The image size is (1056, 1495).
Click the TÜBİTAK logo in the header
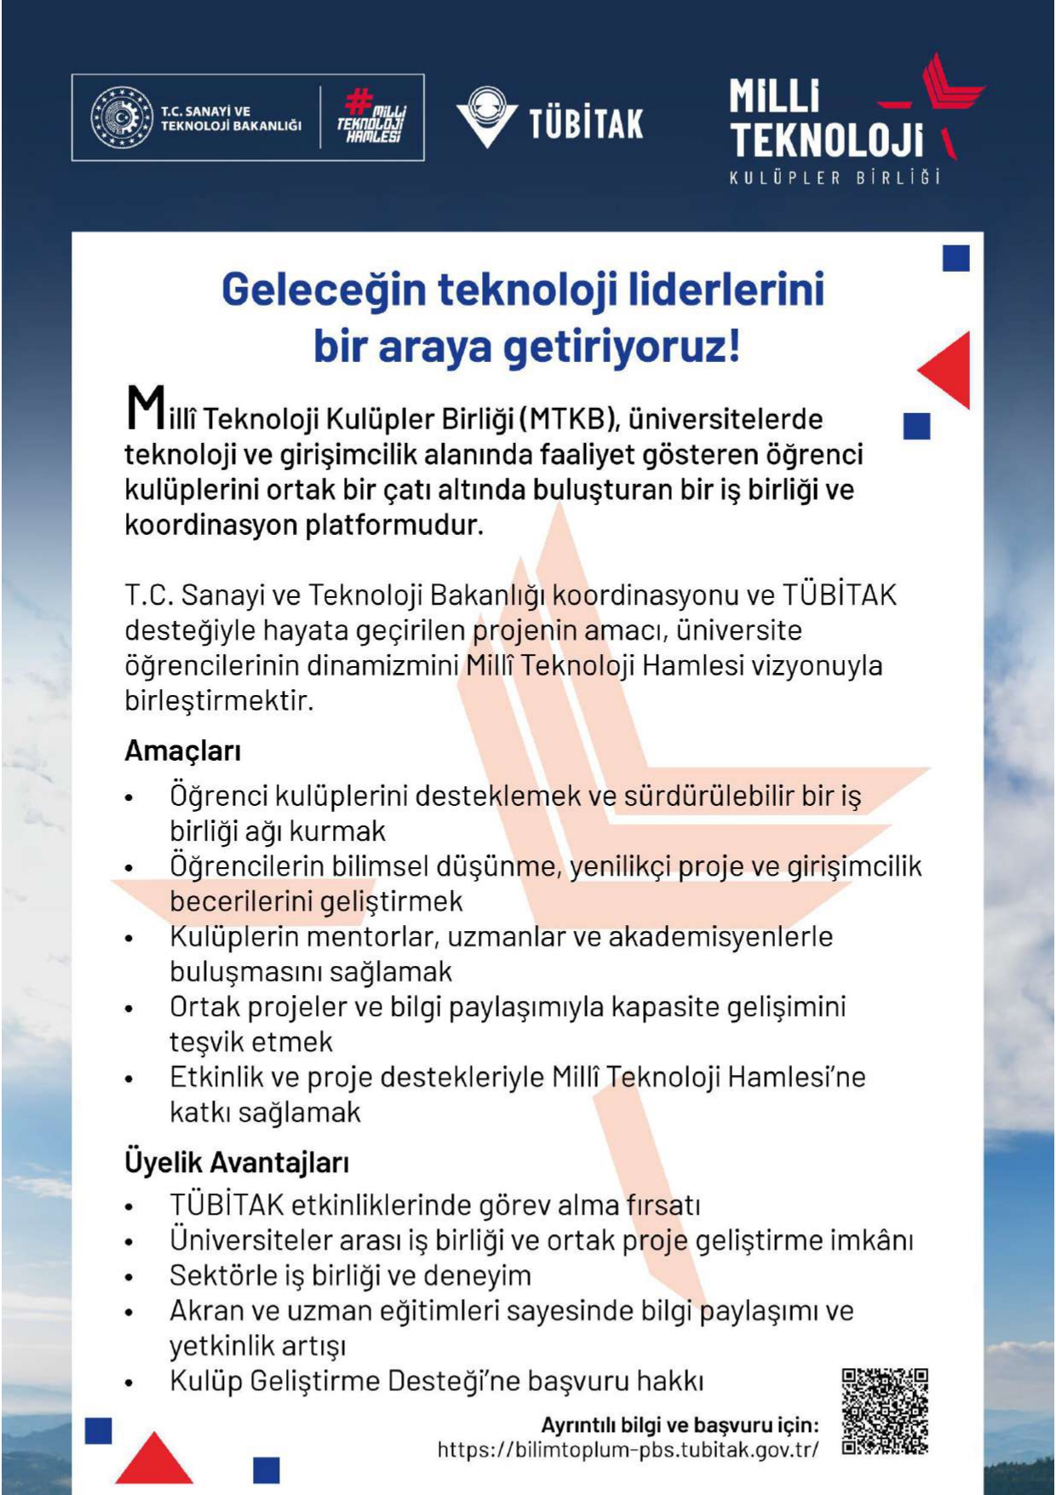click(549, 119)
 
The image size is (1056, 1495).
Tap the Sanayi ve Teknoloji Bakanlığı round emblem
click(122, 118)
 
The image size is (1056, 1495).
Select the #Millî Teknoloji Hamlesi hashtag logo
click(372, 118)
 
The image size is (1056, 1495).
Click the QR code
click(885, 1411)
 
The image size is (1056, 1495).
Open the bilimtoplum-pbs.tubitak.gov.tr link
click(628, 1449)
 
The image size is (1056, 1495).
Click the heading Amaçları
click(183, 750)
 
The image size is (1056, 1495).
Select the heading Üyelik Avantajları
click(237, 1162)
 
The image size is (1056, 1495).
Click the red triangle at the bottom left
click(153, 1460)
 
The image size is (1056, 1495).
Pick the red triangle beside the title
click(947, 370)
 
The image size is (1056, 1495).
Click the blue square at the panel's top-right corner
click(956, 258)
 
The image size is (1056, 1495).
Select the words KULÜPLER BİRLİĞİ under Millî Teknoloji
click(835, 178)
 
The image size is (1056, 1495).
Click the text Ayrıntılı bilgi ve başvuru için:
click(680, 1425)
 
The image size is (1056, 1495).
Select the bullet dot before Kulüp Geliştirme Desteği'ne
click(129, 1383)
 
